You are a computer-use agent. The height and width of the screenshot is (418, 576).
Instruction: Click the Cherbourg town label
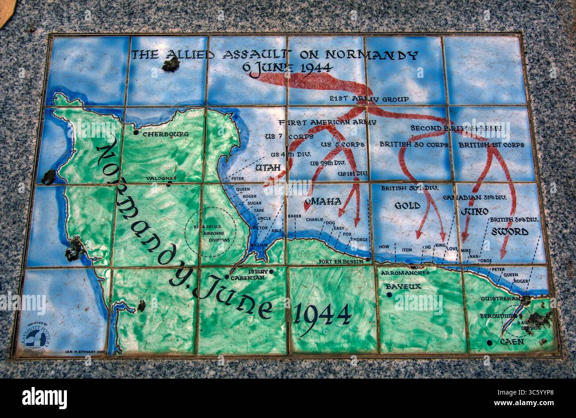pos(166,134)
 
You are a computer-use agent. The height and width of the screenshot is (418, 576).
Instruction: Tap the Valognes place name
pos(161,178)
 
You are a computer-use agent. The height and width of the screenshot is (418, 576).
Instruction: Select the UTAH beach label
pos(268,168)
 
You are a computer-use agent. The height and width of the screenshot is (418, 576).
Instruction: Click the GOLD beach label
pos(407,206)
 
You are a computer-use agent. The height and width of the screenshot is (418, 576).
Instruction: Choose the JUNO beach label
pos(474,211)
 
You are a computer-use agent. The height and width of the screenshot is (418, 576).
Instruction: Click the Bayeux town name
pos(403,286)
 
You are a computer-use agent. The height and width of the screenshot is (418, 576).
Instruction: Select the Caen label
pos(512,342)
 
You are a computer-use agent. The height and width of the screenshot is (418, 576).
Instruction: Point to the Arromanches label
pos(405,273)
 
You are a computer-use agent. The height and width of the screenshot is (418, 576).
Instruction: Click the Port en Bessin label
pos(340,262)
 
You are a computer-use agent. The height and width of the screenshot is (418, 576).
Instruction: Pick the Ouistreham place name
pos(500,299)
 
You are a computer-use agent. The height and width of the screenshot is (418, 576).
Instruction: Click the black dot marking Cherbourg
pos(136,132)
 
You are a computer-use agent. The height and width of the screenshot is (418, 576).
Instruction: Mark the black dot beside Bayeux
pos(389,294)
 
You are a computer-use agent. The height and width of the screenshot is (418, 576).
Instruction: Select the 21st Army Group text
pos(369,99)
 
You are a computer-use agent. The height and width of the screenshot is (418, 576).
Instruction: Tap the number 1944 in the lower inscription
pos(323,314)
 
